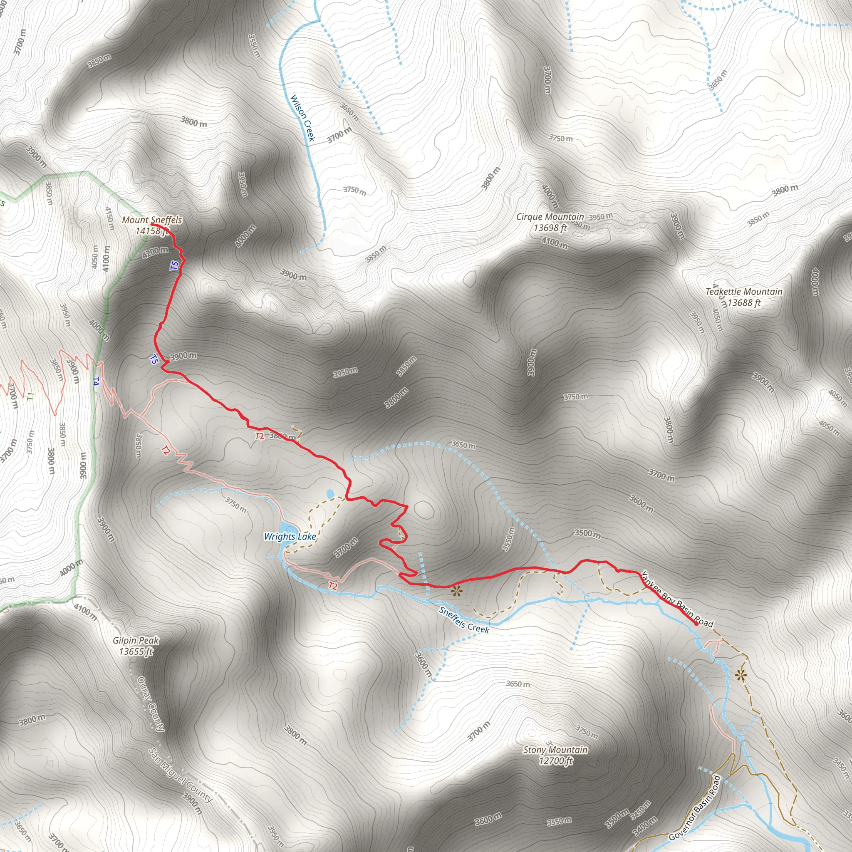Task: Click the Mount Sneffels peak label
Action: [152, 220]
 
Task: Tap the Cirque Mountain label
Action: [550, 217]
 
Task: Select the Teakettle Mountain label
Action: [743, 292]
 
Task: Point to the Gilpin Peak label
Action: [135, 640]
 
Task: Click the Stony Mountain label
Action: [555, 750]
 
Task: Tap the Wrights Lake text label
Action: [290, 537]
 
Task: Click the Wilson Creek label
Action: [302, 118]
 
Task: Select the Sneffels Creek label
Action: [464, 619]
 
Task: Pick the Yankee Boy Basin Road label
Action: [676, 599]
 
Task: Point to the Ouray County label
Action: [151, 704]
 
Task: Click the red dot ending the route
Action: [696, 624]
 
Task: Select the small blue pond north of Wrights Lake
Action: [330, 494]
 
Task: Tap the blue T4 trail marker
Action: [96, 381]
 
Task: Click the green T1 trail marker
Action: [30, 396]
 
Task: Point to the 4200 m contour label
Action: [155, 252]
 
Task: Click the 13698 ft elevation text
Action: [550, 228]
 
